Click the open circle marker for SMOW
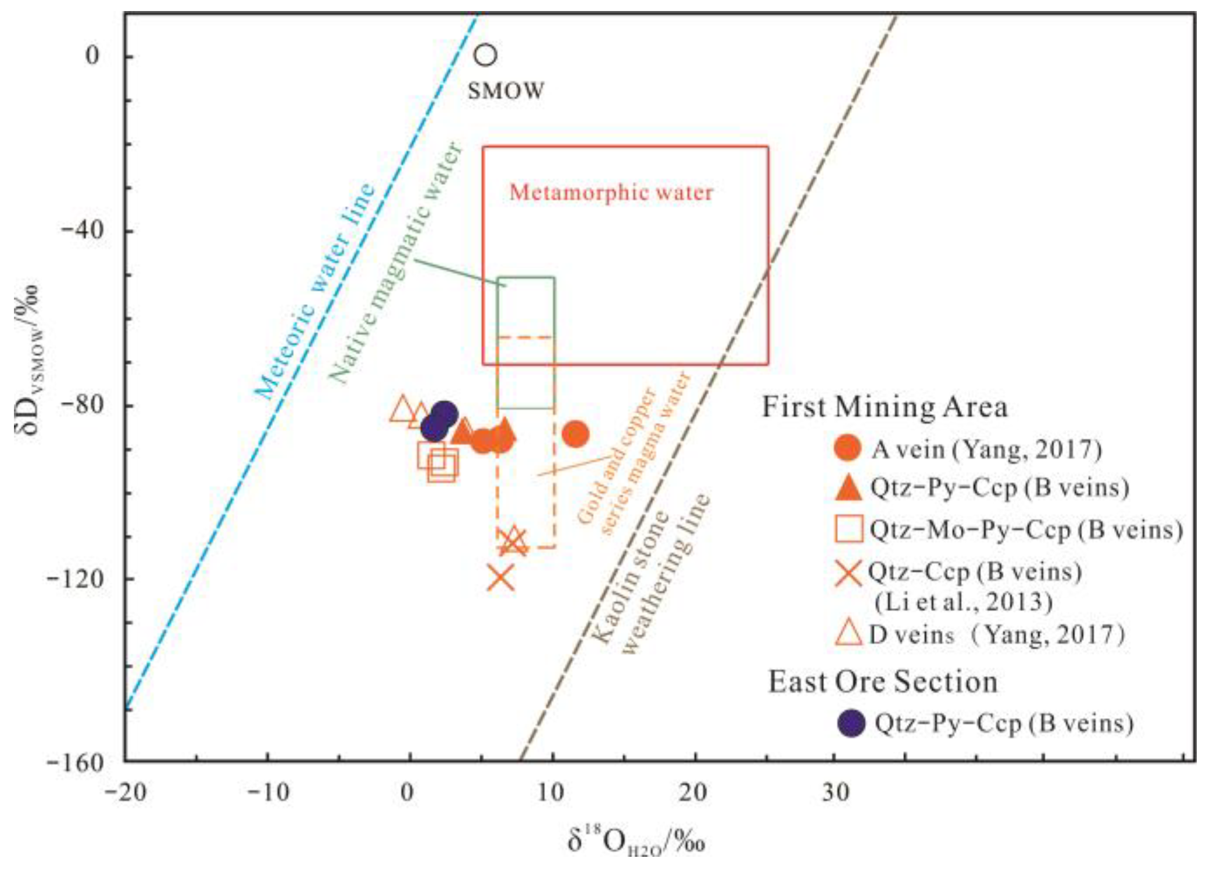coord(485,55)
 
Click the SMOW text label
coord(506,91)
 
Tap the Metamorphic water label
coord(611,192)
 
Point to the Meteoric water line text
coord(314,292)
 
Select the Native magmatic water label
coord(397,263)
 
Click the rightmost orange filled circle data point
coord(575,434)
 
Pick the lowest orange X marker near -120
coord(501,577)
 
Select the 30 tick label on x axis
coord(835,792)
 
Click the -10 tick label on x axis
coord(268,792)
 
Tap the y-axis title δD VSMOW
coord(28,360)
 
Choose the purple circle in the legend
coord(851,723)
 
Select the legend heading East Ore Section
coord(882,681)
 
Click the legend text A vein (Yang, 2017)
coord(986,449)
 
